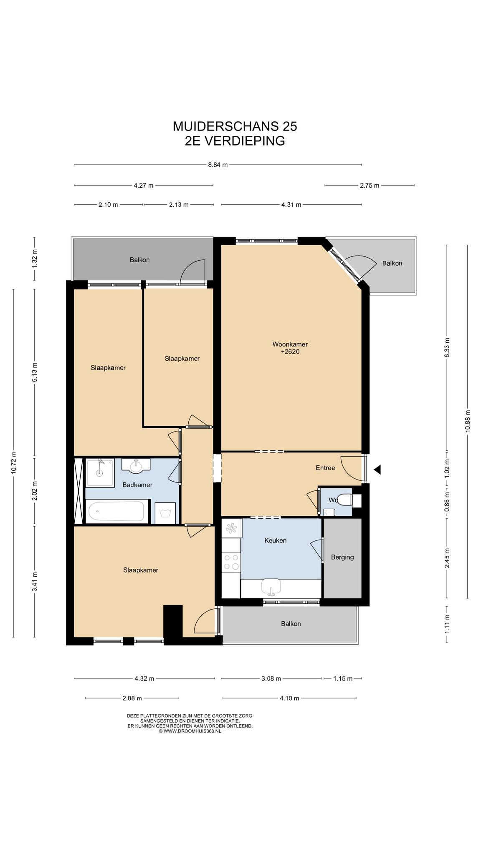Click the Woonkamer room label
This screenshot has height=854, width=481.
(290, 344)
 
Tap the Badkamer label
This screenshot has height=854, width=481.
(137, 485)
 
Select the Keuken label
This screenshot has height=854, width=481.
(276, 540)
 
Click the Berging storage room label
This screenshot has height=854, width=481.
(342, 557)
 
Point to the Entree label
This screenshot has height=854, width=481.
(325, 468)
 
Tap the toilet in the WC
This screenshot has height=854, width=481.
(344, 499)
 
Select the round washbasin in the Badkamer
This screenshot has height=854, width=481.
(137, 466)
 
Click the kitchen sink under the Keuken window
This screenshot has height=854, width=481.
(271, 586)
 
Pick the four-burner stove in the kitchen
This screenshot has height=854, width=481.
(231, 561)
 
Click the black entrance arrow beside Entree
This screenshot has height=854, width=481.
(377, 470)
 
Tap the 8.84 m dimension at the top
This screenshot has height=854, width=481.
(218, 165)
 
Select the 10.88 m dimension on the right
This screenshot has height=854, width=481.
(468, 421)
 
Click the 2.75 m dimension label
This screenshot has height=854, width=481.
(370, 186)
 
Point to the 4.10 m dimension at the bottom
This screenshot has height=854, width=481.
(289, 698)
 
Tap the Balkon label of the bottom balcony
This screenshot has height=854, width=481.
(291, 624)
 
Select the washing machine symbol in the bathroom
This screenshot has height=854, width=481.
(165, 512)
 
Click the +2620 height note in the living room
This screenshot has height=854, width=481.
(290, 352)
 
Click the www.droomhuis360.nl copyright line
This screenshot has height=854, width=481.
(190, 731)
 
